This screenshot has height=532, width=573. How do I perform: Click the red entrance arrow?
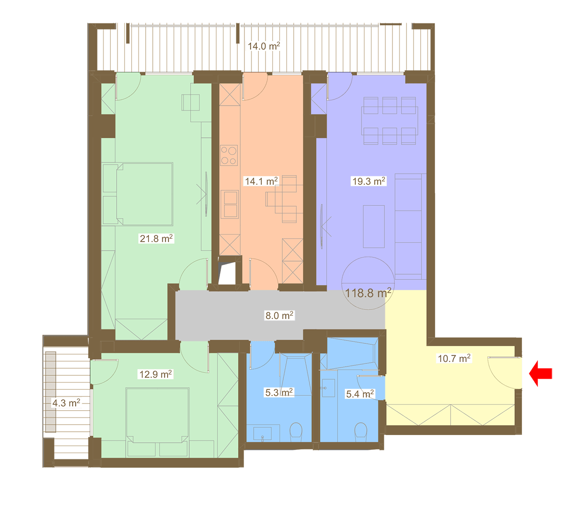pyautogui.click(x=540, y=373)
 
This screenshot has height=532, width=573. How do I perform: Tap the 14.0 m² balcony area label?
pyautogui.click(x=264, y=46)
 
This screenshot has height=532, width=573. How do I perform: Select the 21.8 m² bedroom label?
pyautogui.click(x=156, y=238)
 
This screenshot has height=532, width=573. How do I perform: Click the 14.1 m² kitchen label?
pyautogui.click(x=261, y=181)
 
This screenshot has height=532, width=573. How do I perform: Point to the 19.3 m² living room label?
pyautogui.click(x=369, y=181)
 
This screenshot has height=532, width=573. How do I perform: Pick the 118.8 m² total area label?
pyautogui.click(x=368, y=293)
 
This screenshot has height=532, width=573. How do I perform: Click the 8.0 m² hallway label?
pyautogui.click(x=279, y=315)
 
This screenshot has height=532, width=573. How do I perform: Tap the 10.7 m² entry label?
pyautogui.click(x=454, y=358)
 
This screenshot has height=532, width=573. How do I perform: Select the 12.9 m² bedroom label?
pyautogui.click(x=156, y=374)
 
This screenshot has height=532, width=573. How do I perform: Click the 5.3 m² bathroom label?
pyautogui.click(x=279, y=392)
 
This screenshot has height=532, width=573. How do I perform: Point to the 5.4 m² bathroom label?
pyautogui.click(x=360, y=394)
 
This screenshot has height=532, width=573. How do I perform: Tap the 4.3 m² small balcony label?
pyautogui.click(x=66, y=403)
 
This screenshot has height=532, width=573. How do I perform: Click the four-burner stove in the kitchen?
pyautogui.click(x=229, y=155)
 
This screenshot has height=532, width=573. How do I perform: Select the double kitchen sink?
pyautogui.click(x=230, y=204)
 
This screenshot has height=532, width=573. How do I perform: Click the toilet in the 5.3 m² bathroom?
pyautogui.click(x=296, y=431)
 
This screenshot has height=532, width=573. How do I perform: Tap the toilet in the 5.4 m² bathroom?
pyautogui.click(x=361, y=431)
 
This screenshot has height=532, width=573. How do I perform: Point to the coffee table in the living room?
pyautogui.click(x=373, y=226)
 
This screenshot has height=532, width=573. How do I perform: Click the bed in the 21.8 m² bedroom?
pyautogui.click(x=138, y=194)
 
